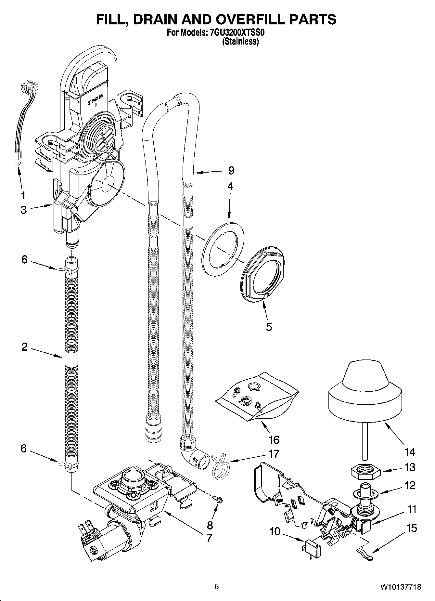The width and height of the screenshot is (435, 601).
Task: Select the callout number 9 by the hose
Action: point(231,170)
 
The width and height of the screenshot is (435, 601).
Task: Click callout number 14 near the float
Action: point(410,451)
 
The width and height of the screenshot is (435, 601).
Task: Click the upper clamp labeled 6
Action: point(69,269)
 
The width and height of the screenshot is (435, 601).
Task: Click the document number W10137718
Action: point(401,587)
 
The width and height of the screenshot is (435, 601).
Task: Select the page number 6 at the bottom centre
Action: point(217,586)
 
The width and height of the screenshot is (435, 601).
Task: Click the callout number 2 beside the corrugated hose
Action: point(25,347)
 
